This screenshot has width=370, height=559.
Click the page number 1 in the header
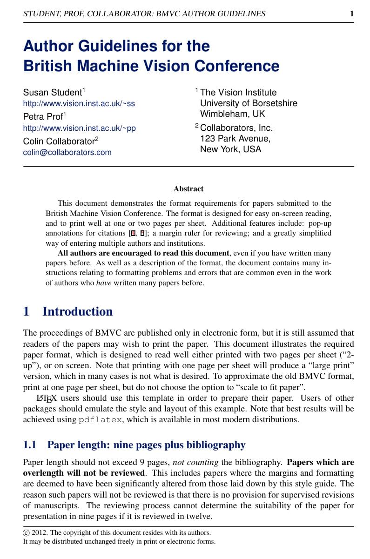coord(352,14)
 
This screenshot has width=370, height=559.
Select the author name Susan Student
coord(52,92)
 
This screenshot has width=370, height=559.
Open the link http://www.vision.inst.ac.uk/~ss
coord(79,103)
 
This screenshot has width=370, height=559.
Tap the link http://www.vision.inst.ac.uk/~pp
coord(79,128)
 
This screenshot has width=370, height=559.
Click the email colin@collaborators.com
coord(67,152)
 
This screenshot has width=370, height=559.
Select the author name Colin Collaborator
coord(59,141)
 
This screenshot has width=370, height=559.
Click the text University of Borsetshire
coord(249,103)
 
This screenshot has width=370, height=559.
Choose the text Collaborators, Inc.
coord(236,128)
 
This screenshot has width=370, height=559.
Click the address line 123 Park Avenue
coord(235,139)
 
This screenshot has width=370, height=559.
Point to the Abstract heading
coord(188,189)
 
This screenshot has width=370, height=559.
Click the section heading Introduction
coord(77,311)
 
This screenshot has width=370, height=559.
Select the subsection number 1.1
coord(29,445)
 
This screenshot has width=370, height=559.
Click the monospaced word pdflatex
coord(100,420)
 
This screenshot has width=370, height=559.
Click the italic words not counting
coord(195,463)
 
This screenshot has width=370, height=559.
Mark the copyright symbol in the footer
coord(26,533)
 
